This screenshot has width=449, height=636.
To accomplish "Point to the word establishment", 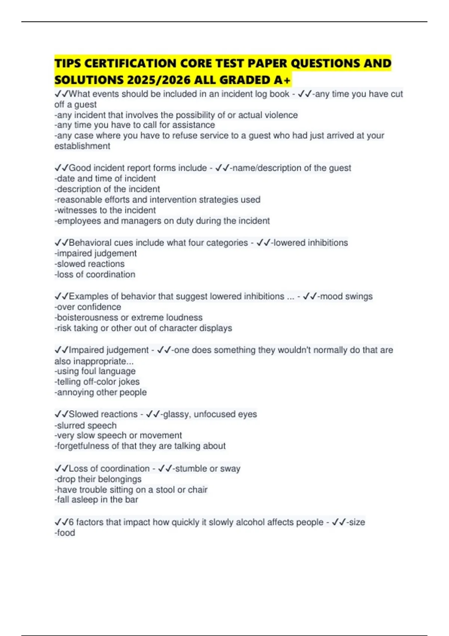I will (x=82, y=146).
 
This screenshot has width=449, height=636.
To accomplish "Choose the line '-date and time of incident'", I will (x=105, y=178).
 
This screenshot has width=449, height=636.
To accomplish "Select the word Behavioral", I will (x=90, y=243).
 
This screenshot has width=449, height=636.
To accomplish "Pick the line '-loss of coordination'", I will (x=95, y=274).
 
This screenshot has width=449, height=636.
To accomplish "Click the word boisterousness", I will (x=87, y=318).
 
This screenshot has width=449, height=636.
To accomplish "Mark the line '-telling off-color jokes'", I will (x=97, y=382).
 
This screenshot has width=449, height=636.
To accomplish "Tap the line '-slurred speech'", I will (x=86, y=425).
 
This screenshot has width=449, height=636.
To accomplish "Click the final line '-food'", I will (x=65, y=533).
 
